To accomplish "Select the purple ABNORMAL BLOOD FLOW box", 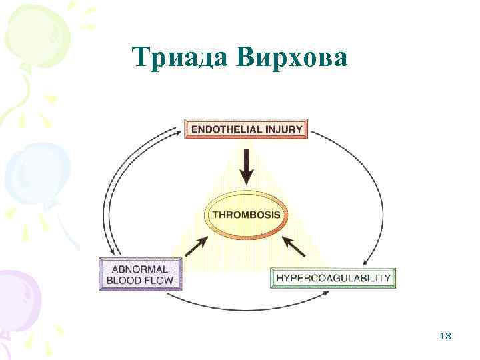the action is click(x=140, y=273).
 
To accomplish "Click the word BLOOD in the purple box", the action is click(x=127, y=279).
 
